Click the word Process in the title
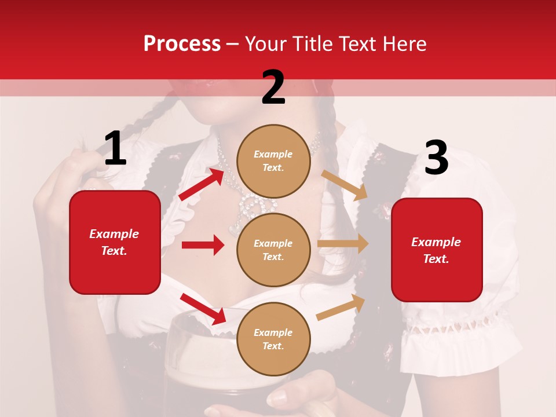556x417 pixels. point(182,44)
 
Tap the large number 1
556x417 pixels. point(115,149)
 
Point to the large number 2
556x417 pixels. point(273,87)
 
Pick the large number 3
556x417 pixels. point(436,158)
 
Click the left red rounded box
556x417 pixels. point(115,242)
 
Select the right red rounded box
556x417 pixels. point(437,250)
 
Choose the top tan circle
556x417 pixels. point(273,161)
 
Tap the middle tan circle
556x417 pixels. point(273,250)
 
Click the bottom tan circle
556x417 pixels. point(273,339)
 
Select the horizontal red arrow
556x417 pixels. point(203,245)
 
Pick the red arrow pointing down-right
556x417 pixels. point(203,308)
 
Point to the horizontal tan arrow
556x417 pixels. point(343,244)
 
